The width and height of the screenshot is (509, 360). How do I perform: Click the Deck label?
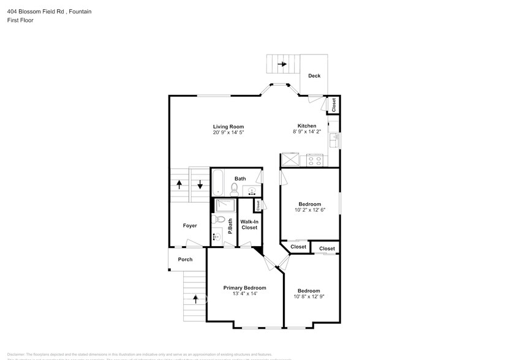(x=314, y=76)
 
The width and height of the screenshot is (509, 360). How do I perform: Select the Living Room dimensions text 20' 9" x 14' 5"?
(x=228, y=133)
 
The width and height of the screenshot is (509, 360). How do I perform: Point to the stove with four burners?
(x=315, y=160)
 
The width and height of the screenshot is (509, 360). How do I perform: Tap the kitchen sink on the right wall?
(x=333, y=140)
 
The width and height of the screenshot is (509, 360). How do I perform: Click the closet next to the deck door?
(x=333, y=105)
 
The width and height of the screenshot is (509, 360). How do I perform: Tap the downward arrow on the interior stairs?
(x=200, y=184)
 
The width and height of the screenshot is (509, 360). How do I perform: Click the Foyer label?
(x=190, y=226)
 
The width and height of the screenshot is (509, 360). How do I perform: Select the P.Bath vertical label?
(x=230, y=226)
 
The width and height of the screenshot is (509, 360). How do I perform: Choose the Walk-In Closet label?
(x=249, y=225)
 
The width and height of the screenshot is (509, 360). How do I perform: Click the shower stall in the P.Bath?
(x=225, y=205)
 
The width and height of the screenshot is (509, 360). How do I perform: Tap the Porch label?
(x=185, y=260)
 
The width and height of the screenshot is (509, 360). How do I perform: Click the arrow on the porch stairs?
(x=196, y=299)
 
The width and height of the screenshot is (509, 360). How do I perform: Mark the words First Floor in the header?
(x=21, y=20)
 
